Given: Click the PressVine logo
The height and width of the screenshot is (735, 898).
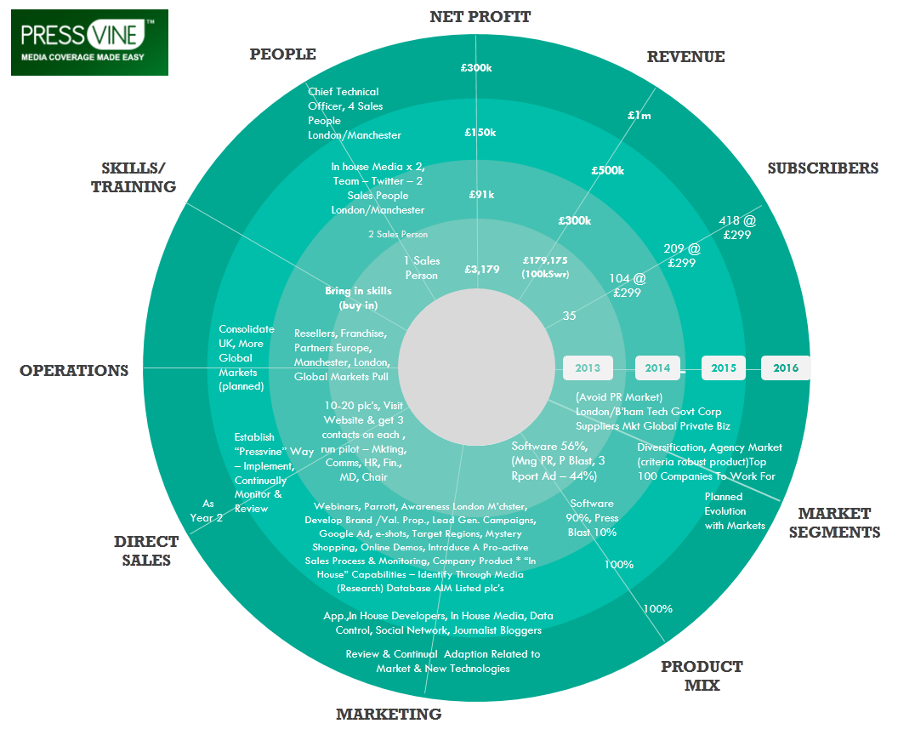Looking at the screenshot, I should (89, 43).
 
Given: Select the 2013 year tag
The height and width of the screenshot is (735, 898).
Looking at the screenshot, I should (588, 368).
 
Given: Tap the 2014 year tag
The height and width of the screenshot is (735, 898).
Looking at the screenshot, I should (657, 368).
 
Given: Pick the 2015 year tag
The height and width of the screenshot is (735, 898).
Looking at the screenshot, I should (724, 368).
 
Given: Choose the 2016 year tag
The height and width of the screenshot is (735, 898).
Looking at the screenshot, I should (786, 368).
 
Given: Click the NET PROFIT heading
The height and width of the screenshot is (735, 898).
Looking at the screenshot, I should (480, 17).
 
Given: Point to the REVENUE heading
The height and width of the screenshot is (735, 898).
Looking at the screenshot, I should (685, 57).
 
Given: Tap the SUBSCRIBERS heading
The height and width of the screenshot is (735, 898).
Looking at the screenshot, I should (822, 168).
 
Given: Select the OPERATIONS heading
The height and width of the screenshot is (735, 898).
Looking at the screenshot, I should (74, 371).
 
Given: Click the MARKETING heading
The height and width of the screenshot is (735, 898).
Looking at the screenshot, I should (389, 715).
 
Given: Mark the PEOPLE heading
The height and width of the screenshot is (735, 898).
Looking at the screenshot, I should (282, 54).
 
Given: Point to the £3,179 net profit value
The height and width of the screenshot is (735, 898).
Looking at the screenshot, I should (481, 270).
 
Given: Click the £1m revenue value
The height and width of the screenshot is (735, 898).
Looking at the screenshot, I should (639, 115).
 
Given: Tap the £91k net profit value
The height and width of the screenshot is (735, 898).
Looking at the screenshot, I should (481, 195).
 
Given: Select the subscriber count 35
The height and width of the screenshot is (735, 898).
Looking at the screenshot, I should (570, 316).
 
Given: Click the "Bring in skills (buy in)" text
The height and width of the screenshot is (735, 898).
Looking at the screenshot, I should (358, 298).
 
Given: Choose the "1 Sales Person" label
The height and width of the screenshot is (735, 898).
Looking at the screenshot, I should (422, 268).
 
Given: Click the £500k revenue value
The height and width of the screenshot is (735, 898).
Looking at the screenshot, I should (608, 170).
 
